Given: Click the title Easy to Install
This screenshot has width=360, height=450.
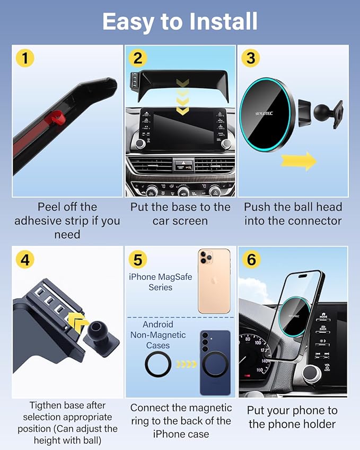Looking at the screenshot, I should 180,22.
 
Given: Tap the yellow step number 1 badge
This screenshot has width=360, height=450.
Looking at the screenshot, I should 25,58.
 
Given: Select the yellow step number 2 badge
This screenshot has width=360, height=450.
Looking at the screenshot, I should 137,58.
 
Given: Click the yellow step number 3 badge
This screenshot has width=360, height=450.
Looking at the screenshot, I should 251,58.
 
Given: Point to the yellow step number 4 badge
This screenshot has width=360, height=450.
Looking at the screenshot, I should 25,260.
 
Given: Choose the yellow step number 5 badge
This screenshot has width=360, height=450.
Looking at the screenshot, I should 137,260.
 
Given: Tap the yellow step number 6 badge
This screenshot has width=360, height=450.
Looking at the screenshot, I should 251,260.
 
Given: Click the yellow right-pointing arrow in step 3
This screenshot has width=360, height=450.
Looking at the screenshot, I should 298,161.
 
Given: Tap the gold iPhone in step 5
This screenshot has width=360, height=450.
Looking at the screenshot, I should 214,281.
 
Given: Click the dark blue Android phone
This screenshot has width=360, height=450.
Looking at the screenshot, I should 215,363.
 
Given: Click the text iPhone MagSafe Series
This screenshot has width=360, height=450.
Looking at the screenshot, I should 161,282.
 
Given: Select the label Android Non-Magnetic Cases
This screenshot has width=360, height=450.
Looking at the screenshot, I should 158,335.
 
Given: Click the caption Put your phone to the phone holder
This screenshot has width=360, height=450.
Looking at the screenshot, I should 293,417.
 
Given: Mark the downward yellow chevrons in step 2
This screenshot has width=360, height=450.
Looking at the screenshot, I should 182,96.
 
